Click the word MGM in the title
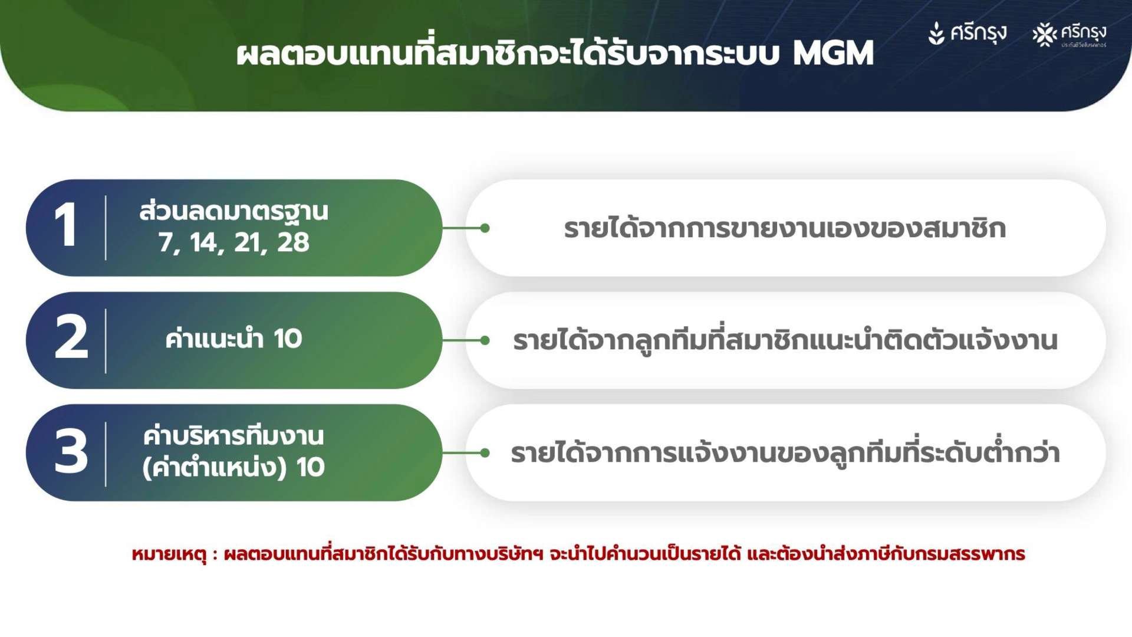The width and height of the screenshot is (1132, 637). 833,53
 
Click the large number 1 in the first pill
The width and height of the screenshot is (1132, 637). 66,225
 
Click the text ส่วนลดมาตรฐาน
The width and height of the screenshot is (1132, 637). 233,211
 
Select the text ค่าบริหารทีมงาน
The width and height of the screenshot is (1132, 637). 233,435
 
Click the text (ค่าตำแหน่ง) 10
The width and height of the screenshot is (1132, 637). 233,467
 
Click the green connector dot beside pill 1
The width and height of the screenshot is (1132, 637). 485,228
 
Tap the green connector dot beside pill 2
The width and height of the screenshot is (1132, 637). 485,340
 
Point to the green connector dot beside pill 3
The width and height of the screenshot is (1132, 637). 485,453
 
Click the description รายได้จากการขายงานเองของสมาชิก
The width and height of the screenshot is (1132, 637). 785,228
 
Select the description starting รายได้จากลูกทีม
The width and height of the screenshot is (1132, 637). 785,340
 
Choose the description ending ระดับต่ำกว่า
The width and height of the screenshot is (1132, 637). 785,452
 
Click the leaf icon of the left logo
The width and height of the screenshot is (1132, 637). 936,34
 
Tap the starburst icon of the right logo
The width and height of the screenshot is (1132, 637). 1045,35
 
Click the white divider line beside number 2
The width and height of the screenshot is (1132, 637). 106,340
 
